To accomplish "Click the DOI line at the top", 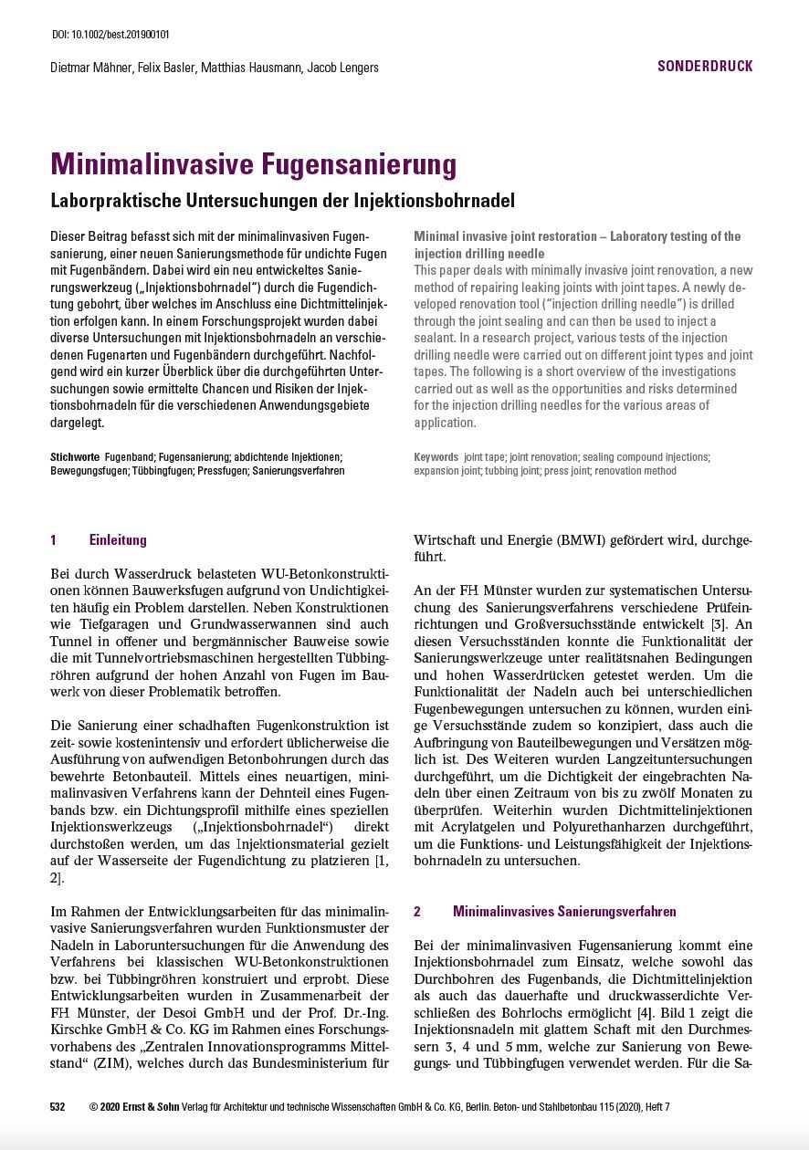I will click(110, 35).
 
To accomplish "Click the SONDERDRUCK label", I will click(705, 66).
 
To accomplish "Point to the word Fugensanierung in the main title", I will click(359, 164).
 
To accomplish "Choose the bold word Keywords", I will click(436, 456).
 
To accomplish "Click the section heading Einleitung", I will click(118, 540).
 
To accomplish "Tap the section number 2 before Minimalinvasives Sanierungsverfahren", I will click(417, 911).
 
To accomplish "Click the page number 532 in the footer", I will click(58, 1107).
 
